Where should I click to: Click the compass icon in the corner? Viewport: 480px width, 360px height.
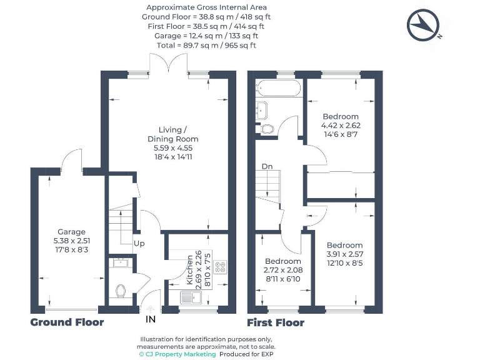pos(425,24)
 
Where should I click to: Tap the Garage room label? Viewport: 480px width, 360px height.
pos(72,232)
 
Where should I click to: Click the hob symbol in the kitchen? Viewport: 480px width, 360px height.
pos(221,267)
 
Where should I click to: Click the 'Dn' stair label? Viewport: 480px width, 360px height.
pos(267,166)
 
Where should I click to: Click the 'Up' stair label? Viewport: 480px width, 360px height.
pos(140,242)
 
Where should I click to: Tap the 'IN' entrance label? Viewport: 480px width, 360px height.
pos(151,319)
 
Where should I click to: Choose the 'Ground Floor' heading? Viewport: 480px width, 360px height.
pos(67,322)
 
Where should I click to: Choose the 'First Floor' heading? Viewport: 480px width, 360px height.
pos(276,322)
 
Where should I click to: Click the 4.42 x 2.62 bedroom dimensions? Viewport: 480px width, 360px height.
pos(341,125)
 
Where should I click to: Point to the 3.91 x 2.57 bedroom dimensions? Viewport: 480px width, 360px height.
pos(344,254)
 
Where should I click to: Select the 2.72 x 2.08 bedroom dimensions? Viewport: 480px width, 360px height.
pos(282,270)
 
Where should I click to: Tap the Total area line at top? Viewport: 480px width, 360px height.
pos(207,46)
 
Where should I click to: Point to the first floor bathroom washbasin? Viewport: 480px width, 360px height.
pos(262,109)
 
